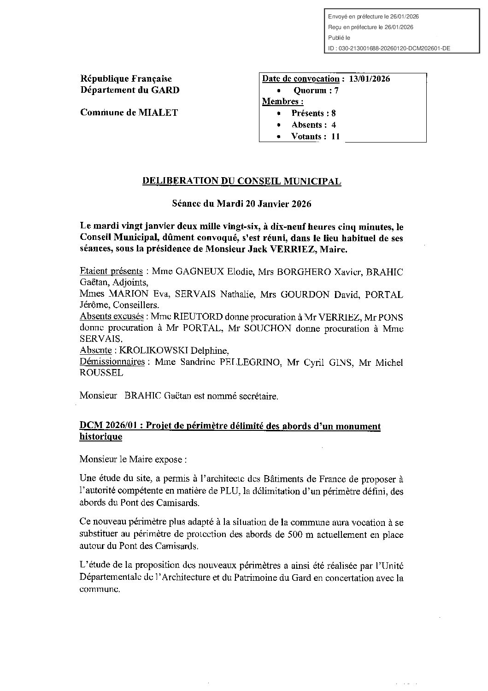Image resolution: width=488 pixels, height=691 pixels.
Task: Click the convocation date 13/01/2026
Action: click(x=370, y=79)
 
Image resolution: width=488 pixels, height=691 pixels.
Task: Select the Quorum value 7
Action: click(x=336, y=90)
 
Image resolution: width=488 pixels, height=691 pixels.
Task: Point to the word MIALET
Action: click(x=158, y=113)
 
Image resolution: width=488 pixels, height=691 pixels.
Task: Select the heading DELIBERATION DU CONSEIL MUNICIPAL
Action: click(x=242, y=181)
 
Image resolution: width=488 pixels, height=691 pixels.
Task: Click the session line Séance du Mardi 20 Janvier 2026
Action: click(x=241, y=204)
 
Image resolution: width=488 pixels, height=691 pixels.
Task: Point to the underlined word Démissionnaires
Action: click(x=112, y=362)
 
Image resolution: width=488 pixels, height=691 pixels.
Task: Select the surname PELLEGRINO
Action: click(x=249, y=363)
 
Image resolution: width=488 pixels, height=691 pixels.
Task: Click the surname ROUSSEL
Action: click(x=101, y=373)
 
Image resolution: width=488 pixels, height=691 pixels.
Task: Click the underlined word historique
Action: click(x=101, y=436)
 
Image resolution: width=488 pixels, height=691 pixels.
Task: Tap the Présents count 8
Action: click(x=334, y=113)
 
